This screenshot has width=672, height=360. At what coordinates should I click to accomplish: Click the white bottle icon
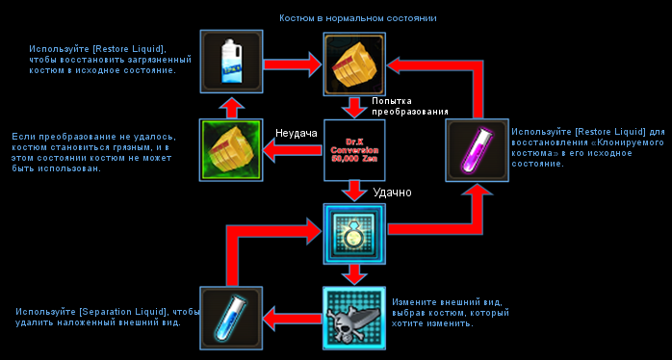(x=231, y=62)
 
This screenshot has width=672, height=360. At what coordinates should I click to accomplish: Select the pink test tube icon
(x=477, y=150)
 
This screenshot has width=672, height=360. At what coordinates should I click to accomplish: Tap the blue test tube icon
(x=231, y=318)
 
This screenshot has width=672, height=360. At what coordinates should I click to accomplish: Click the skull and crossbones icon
(x=354, y=318)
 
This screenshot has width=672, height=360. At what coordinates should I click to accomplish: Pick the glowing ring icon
(x=354, y=234)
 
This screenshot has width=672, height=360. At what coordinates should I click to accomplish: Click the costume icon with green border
(x=231, y=150)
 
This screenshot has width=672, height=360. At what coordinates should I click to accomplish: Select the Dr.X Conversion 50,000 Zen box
(x=354, y=150)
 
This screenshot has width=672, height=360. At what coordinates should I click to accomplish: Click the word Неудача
(x=297, y=133)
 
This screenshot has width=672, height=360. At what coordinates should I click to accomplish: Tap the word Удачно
(x=392, y=193)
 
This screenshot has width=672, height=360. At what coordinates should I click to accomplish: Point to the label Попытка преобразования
(x=410, y=106)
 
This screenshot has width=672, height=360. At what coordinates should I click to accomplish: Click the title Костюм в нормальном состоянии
(x=358, y=18)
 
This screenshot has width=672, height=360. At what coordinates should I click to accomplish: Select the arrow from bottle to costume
(x=293, y=64)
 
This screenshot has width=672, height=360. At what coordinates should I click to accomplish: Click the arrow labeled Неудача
(x=293, y=150)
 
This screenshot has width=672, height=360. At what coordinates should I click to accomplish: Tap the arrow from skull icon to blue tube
(x=293, y=318)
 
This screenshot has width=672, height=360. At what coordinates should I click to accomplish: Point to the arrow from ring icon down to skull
(x=354, y=274)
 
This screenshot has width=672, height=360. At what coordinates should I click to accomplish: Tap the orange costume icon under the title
(x=354, y=64)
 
